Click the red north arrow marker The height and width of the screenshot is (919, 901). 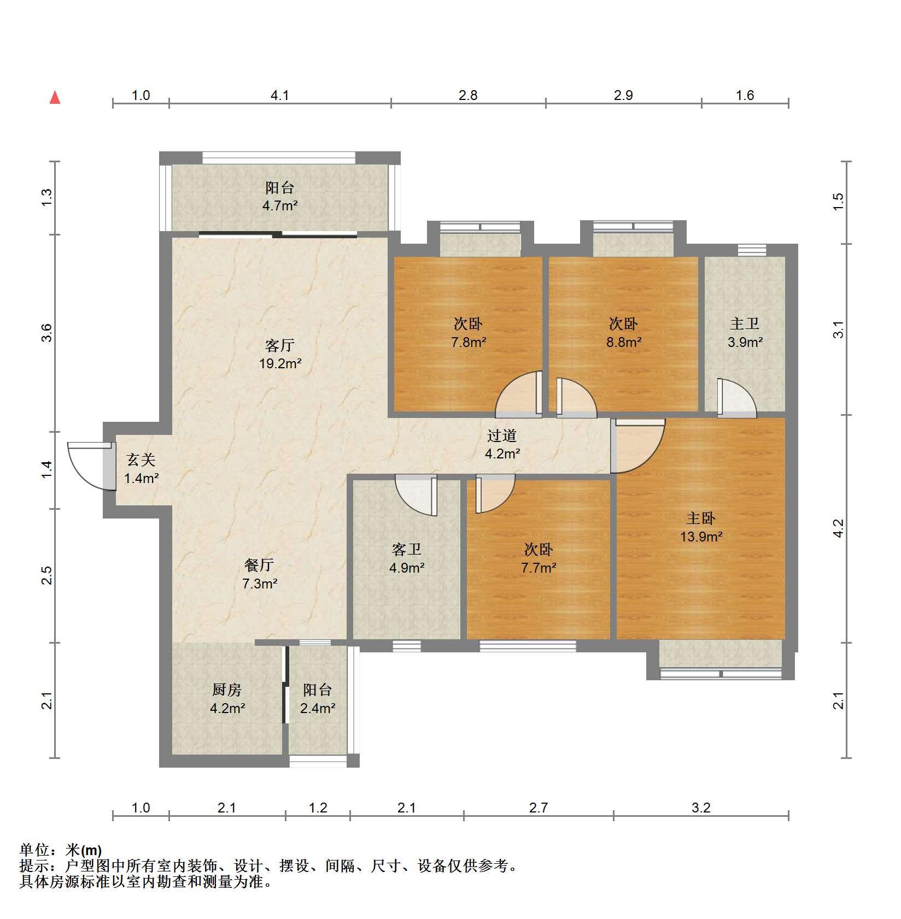coord(55,97)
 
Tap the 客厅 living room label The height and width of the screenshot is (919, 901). coord(279,345)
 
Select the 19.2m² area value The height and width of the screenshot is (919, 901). coord(280,363)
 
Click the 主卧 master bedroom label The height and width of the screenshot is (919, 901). coord(701,518)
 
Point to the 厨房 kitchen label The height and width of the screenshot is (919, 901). coord(227,690)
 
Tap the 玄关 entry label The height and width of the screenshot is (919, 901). coord(141,460)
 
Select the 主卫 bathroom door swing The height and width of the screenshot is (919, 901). coord(737,397)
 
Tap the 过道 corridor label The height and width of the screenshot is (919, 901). coord(502,436)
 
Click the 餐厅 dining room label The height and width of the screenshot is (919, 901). coord(259,565)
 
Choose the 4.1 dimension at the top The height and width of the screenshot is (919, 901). coord(280,96)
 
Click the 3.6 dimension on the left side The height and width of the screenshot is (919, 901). coord(47,333)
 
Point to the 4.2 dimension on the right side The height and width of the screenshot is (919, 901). coord(839,528)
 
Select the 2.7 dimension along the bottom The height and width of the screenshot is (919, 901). coord(539,808)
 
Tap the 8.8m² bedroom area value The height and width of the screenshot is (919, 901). coord(623,343)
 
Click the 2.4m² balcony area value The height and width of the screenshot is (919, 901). coord(318,709)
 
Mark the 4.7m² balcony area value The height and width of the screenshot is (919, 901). coord(280,206)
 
